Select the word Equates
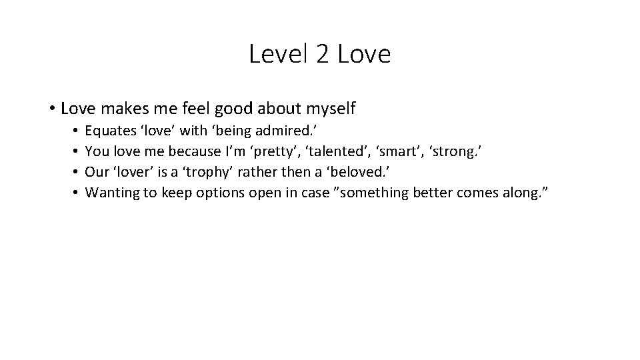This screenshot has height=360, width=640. (109, 131)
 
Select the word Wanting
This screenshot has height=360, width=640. (111, 193)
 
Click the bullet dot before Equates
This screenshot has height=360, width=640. (77, 131)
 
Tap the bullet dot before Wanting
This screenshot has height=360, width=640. (77, 193)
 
